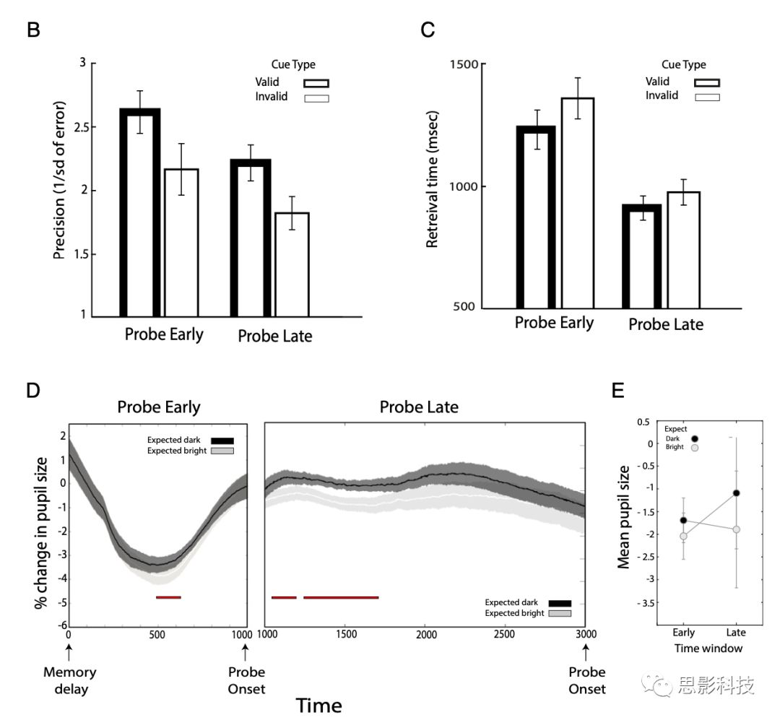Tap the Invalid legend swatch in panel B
coord(316,97)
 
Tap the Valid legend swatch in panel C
coord(706,82)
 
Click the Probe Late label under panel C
coord(665,325)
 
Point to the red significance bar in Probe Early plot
coord(168,597)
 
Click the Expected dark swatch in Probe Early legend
coord(223,441)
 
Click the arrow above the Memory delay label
coord(69,652)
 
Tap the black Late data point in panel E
coord(736,493)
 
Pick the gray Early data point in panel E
coord(683,536)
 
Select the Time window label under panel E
coord(708,648)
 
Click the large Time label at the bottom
coord(319,704)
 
